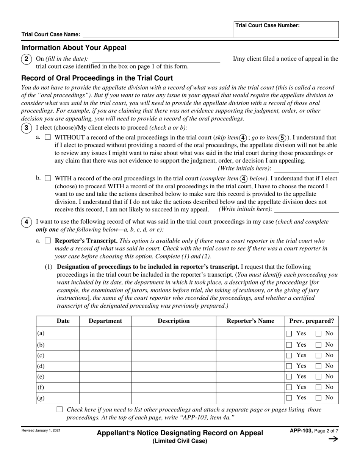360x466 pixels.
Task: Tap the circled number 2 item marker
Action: pyautogui.click(x=26, y=59)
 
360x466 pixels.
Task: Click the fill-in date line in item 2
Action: pyautogui.click(x=156, y=59)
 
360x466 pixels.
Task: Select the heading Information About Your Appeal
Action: pyautogui.click(x=74, y=48)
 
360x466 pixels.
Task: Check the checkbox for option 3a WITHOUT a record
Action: pyautogui.click(x=48, y=138)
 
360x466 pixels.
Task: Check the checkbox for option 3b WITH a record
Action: pyautogui.click(x=48, y=178)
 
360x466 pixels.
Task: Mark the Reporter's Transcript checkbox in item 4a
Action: pyautogui.click(x=48, y=241)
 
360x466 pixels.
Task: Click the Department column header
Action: pyautogui.click(x=105, y=321)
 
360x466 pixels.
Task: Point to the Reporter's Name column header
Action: pyautogui.click(x=250, y=321)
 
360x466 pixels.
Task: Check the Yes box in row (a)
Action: pyautogui.click(x=289, y=334)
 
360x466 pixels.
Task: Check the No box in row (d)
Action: pyautogui.click(x=319, y=366)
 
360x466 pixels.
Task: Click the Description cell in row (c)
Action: pyautogui.click(x=174, y=355)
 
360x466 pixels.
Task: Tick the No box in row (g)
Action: pyautogui.click(x=319, y=398)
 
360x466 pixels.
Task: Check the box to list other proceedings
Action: pyautogui.click(x=59, y=410)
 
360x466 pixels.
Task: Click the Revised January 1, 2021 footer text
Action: pyautogui.click(x=41, y=431)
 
